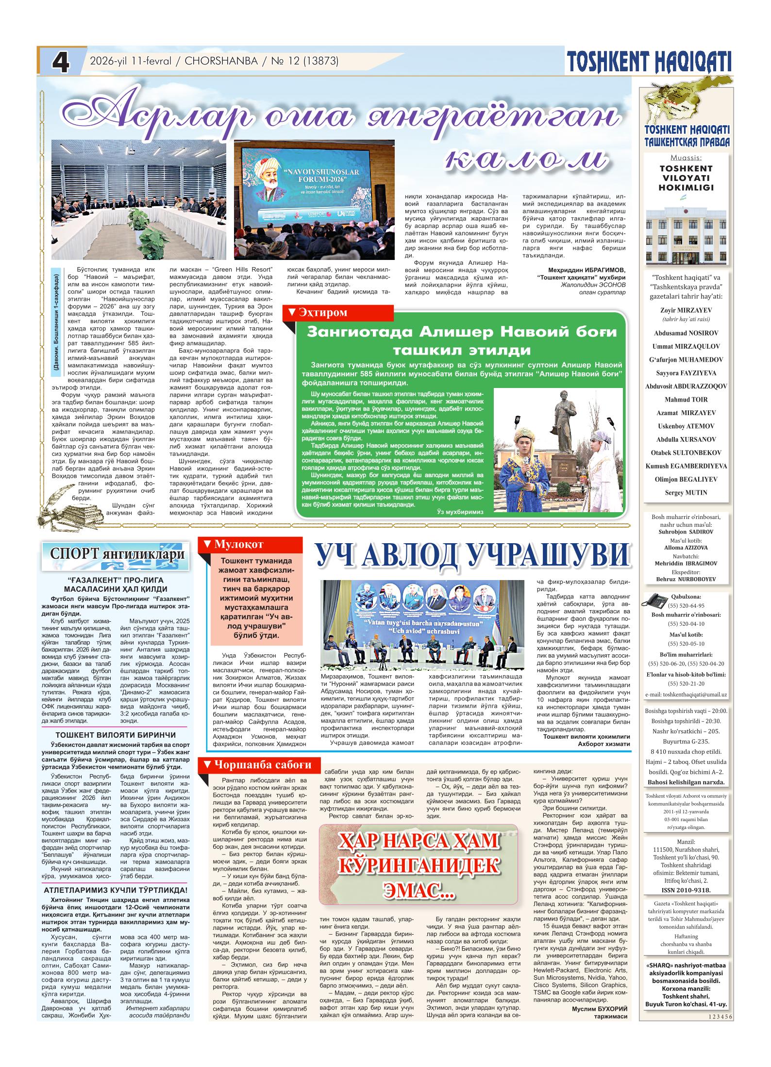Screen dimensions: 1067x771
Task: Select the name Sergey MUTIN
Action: pyautogui.click(x=686, y=493)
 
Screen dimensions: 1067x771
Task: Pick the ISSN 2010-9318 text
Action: pyautogui.click(x=686, y=890)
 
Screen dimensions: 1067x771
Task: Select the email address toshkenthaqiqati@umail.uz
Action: pyautogui.click(x=686, y=695)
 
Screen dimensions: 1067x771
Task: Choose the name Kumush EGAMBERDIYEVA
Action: pyautogui.click(x=686, y=466)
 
